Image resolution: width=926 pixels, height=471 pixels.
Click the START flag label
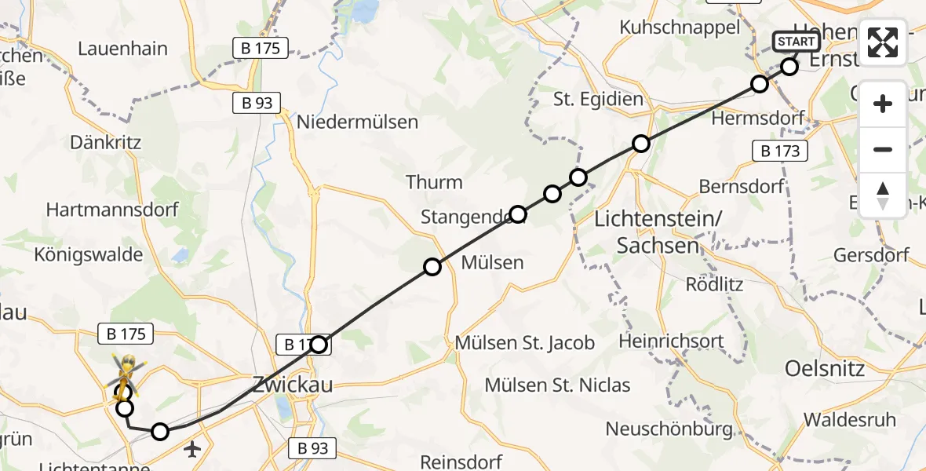pyautogui.click(x=797, y=42)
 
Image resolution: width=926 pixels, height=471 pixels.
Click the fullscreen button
pyautogui.click(x=883, y=42)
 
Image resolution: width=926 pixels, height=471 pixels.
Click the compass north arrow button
pyautogui.click(x=883, y=195)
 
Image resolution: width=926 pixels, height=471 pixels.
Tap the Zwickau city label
pyautogui.click(x=293, y=385)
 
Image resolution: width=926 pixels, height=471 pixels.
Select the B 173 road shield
pyautogui.click(x=780, y=151)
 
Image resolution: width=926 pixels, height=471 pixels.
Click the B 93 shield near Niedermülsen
pyautogui.click(x=258, y=103)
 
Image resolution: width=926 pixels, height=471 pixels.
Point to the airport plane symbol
pyautogui.click(x=192, y=449)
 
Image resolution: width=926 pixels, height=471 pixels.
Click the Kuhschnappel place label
pyautogui.click(x=680, y=27)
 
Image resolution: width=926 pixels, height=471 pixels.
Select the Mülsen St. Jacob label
pyautogui.click(x=525, y=343)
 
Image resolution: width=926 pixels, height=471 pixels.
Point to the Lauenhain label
pyautogui.click(x=123, y=49)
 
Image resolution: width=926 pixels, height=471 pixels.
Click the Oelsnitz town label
pyautogui.click(x=825, y=368)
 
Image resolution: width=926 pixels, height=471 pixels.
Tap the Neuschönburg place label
pyautogui.click(x=669, y=429)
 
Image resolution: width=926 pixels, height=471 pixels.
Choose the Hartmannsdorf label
pyautogui.click(x=112, y=210)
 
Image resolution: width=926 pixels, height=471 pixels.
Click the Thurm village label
pyautogui.click(x=434, y=182)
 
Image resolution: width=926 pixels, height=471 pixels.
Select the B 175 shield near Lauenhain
pyautogui.click(x=261, y=47)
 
